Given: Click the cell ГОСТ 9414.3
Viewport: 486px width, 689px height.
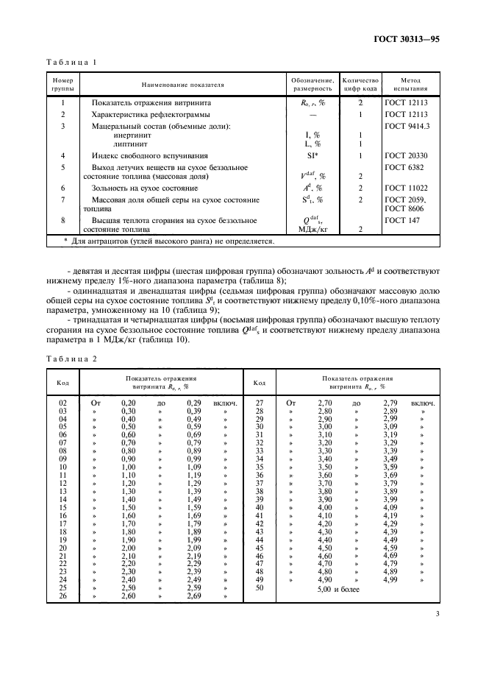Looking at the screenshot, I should click(x=407, y=126).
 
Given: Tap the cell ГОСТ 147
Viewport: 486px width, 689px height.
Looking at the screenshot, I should click(x=400, y=220).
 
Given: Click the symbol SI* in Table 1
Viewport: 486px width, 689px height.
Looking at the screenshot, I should click(x=312, y=156).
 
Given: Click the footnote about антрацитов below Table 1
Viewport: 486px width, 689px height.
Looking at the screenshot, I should click(x=169, y=241).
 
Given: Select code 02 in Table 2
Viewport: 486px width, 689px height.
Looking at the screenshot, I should click(x=62, y=403).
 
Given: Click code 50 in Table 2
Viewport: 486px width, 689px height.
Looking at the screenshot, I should click(x=259, y=589).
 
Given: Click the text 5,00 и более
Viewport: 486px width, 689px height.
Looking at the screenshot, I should click(x=338, y=590).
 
